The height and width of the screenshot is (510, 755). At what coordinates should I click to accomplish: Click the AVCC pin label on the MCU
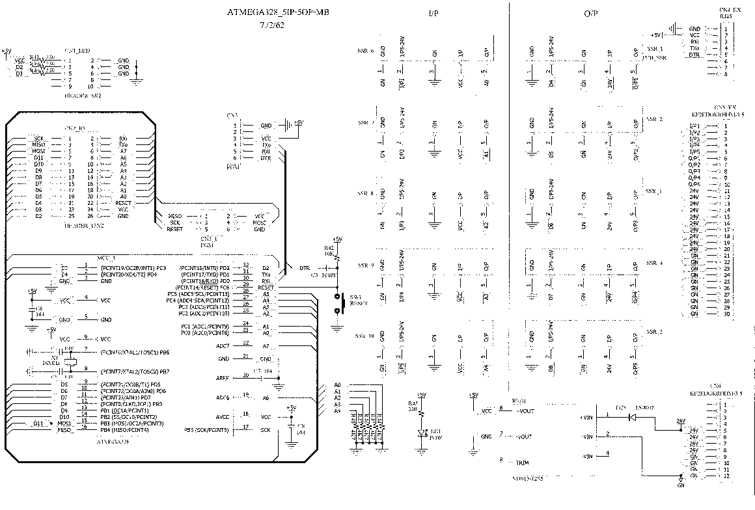pos(223,416)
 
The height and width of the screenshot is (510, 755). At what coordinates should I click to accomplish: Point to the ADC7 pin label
pos(223,345)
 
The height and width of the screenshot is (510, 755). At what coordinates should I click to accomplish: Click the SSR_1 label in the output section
pos(653,49)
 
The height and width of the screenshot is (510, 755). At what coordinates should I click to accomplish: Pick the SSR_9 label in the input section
pos(365,265)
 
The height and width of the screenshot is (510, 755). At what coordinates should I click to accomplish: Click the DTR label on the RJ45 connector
pos(694,55)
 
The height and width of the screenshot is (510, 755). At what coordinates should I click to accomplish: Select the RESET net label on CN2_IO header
pos(123,203)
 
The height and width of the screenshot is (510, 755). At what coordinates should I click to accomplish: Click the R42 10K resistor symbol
pos(337,257)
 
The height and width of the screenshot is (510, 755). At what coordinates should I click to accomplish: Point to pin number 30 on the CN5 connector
pos(725,314)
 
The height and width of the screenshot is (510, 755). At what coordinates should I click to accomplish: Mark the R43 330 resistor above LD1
pos(421,411)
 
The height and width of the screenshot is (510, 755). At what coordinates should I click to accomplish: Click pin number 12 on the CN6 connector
pos(725,476)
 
